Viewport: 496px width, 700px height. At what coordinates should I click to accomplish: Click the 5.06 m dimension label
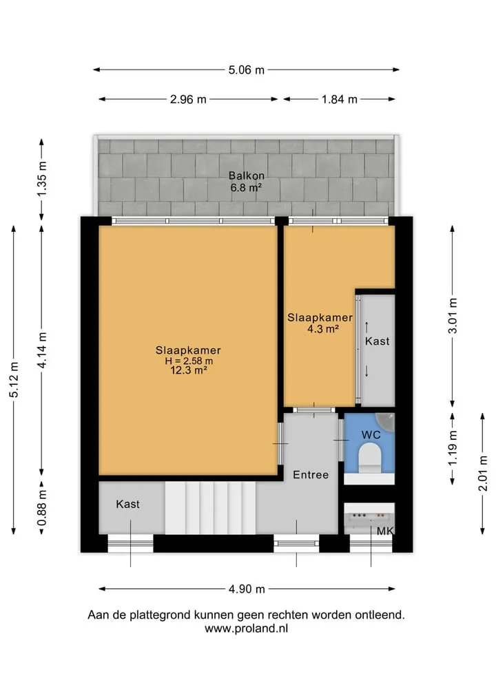[x=246, y=70]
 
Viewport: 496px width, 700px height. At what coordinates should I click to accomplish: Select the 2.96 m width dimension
[x=188, y=99]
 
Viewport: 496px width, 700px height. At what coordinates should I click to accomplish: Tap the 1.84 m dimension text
[x=340, y=99]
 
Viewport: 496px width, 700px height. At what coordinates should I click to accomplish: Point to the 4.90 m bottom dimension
[x=247, y=589]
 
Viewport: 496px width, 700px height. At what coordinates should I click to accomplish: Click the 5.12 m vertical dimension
[x=14, y=379]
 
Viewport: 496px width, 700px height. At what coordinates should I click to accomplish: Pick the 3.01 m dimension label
[x=453, y=316]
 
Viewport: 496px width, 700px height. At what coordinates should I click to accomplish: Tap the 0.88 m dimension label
[x=41, y=507]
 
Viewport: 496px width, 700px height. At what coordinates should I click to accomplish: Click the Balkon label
[x=246, y=176]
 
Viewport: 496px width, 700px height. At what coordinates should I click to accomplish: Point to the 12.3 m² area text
[x=188, y=370]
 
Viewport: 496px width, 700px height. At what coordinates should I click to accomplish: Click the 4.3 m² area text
[x=322, y=329]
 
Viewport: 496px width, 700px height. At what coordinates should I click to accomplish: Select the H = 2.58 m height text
[x=189, y=361]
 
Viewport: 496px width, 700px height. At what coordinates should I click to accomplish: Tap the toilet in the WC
[x=370, y=458]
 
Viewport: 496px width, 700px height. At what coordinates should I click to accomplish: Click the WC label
[x=371, y=435]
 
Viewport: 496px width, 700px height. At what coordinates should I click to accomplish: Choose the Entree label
[x=311, y=474]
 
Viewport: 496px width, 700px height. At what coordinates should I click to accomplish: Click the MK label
[x=385, y=531]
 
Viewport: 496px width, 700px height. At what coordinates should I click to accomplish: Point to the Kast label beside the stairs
[x=128, y=504]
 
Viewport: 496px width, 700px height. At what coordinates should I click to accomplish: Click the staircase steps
[x=210, y=507]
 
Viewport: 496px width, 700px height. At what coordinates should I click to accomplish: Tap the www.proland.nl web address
[x=246, y=628]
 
